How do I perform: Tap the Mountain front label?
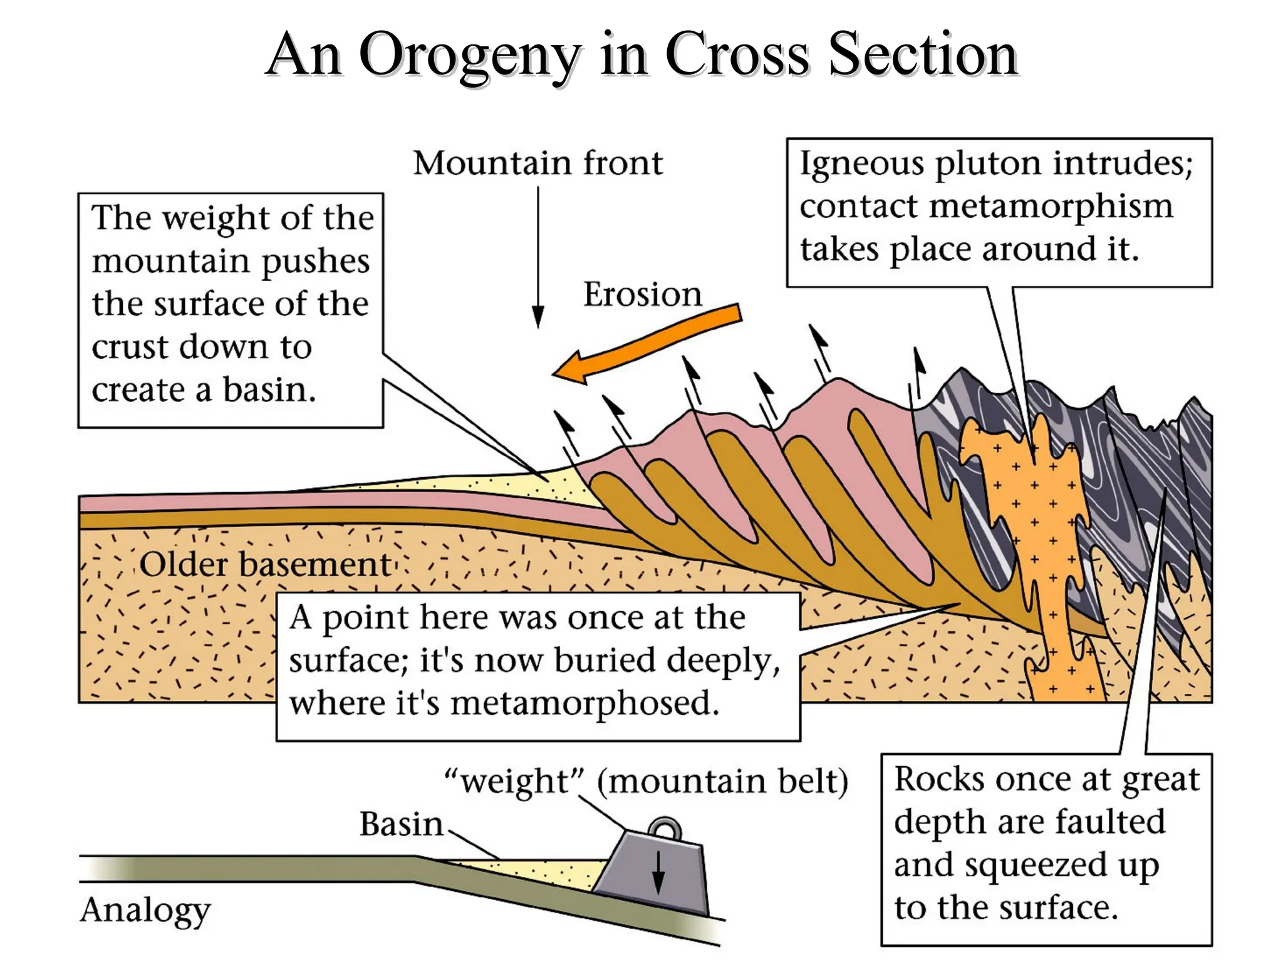pos(538,163)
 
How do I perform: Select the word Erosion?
pos(642,294)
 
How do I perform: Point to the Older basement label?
pos(264,564)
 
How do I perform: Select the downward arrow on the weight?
pos(658,874)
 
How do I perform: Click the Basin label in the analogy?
pos(401,824)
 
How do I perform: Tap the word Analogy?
pos(145,910)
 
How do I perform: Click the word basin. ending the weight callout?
pos(269,390)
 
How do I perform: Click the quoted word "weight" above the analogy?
pos(514,782)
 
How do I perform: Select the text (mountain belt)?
pos(722,782)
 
